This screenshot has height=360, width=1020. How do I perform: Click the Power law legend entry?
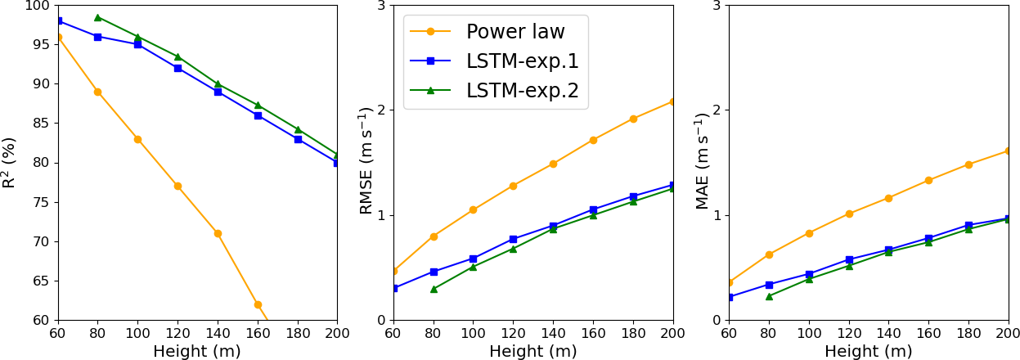coord(515,32)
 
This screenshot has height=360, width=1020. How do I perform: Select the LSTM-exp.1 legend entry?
coord(522,61)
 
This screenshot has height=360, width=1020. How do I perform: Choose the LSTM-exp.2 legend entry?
coord(522,91)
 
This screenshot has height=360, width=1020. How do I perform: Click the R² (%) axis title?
coord(10,162)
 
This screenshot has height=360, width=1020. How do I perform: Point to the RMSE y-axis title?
coord(367,162)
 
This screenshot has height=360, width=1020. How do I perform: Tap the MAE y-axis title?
coord(703,162)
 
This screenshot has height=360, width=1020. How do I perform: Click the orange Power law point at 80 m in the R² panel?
coord(97,92)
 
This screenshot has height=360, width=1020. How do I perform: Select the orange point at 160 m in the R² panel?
coord(258,304)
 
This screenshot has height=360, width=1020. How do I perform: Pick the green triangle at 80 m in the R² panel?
coord(97,17)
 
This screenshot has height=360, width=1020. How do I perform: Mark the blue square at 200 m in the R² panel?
coord(336,163)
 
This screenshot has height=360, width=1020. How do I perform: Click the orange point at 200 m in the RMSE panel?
coord(672,101)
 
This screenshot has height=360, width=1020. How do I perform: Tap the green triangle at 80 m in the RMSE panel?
coord(434,289)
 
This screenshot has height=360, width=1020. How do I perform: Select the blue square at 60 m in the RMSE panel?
coord(393,288)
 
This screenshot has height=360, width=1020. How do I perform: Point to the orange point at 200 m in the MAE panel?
coord(1008,151)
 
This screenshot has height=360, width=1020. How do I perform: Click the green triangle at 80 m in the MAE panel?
coord(769,296)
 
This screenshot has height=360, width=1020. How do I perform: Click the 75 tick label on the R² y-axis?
coord(41,202)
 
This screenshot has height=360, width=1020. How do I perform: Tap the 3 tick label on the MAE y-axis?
coord(716,6)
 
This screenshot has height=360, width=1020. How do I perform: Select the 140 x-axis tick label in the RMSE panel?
coord(553,334)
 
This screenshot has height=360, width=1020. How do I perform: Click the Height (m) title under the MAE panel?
coord(868,352)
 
